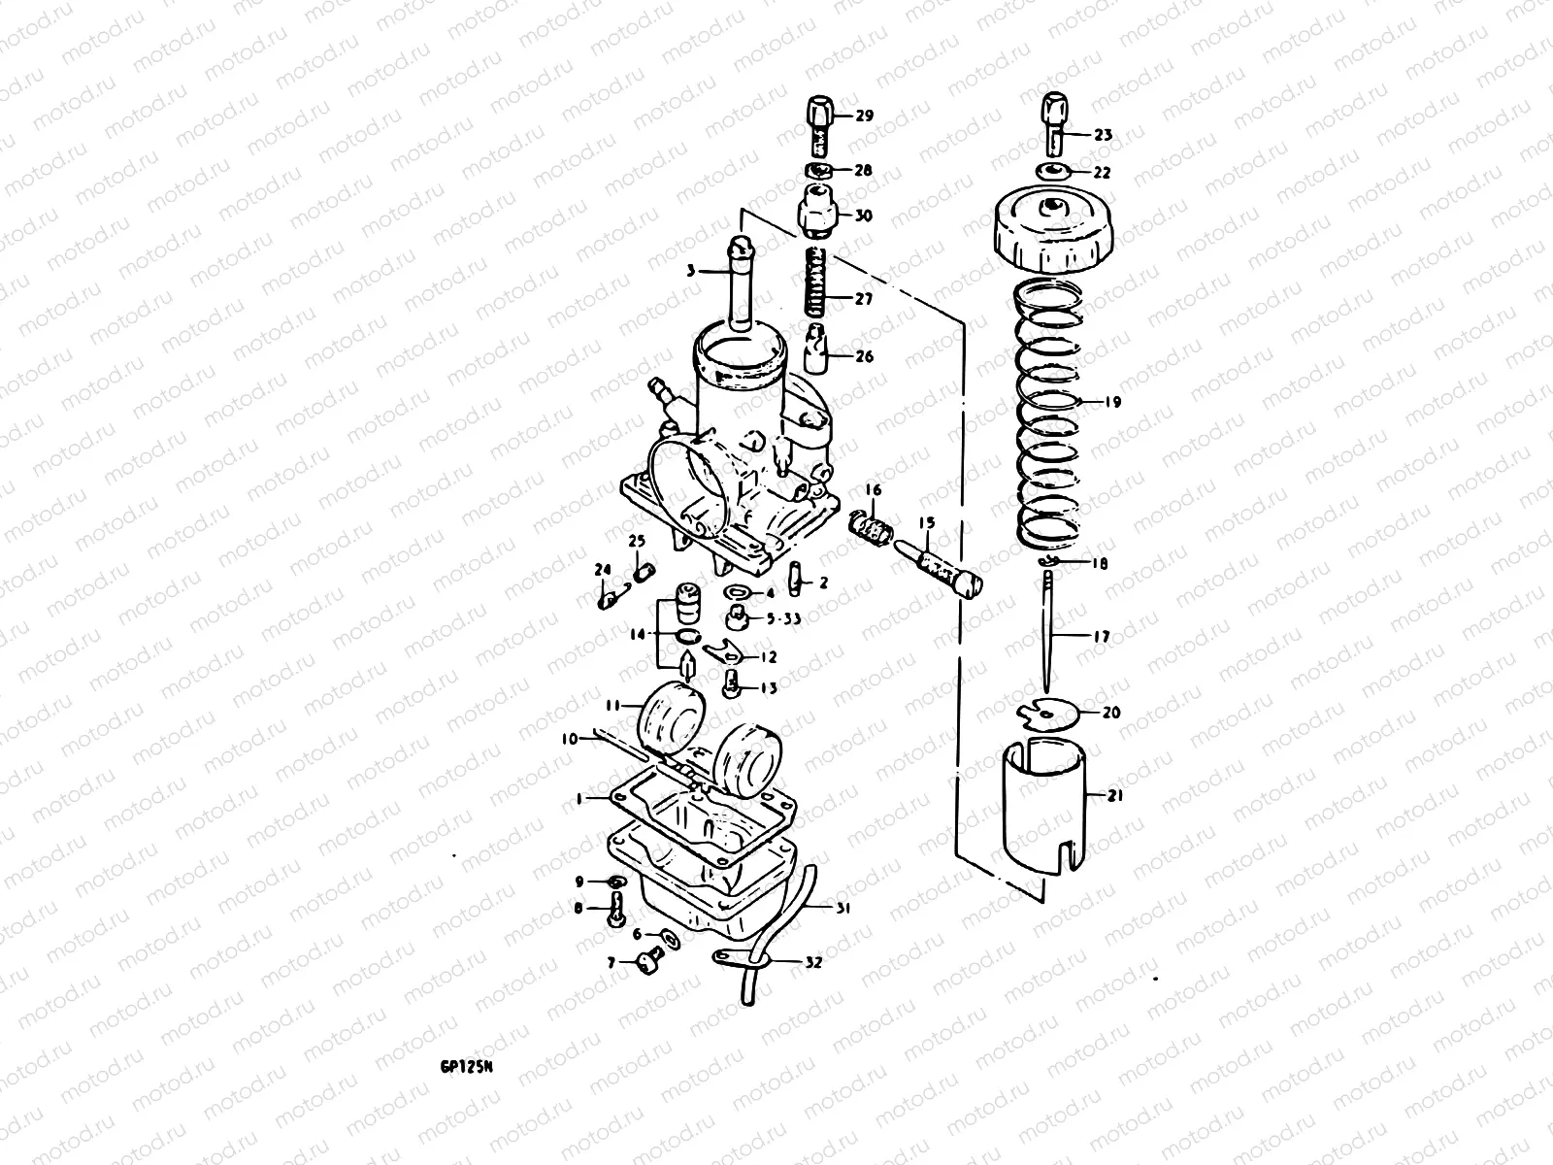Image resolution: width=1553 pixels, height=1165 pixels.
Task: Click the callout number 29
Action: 864,116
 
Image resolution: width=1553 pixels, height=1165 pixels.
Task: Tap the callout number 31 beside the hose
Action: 842,909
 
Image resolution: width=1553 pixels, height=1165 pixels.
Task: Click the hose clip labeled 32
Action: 747,959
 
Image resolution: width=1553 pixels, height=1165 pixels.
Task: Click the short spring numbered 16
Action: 870,527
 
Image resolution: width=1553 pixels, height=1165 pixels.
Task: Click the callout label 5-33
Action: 784,618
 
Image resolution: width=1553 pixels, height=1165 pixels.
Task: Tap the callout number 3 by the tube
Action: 690,273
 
